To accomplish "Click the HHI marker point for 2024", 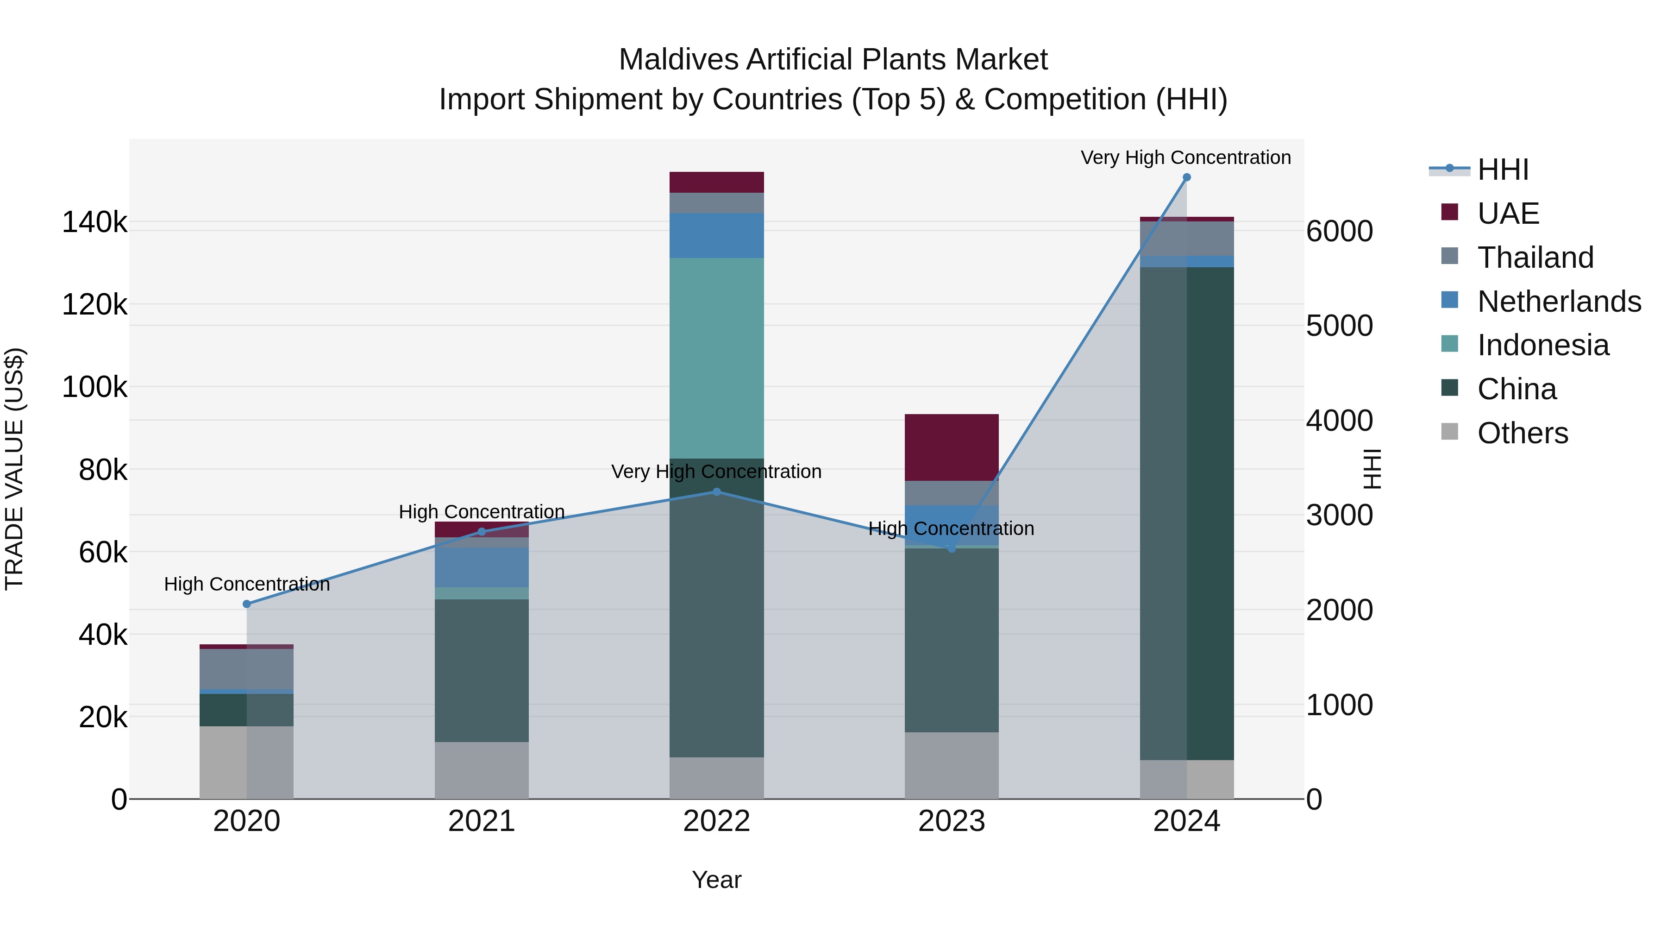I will pos(1186,177).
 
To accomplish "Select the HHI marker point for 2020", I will pos(246,604).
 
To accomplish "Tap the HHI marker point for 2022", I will pos(716,492).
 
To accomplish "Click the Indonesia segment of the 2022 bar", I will pos(716,358).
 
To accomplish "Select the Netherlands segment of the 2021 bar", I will pos(482,567).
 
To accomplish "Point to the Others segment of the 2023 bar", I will pos(951,765).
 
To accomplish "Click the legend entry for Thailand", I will pos(1535,258).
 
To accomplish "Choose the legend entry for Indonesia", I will pos(1543,345).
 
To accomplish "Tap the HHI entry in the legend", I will pos(1503,170).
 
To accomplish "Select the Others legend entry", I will pos(1522,433).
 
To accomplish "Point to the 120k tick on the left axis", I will pos(94,305).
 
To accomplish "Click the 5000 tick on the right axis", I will pos(1339,326).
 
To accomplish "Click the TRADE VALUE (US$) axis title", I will pos(15,469).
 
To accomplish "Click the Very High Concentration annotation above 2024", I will pos(1185,158).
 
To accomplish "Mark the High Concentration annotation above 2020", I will pos(246,585).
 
